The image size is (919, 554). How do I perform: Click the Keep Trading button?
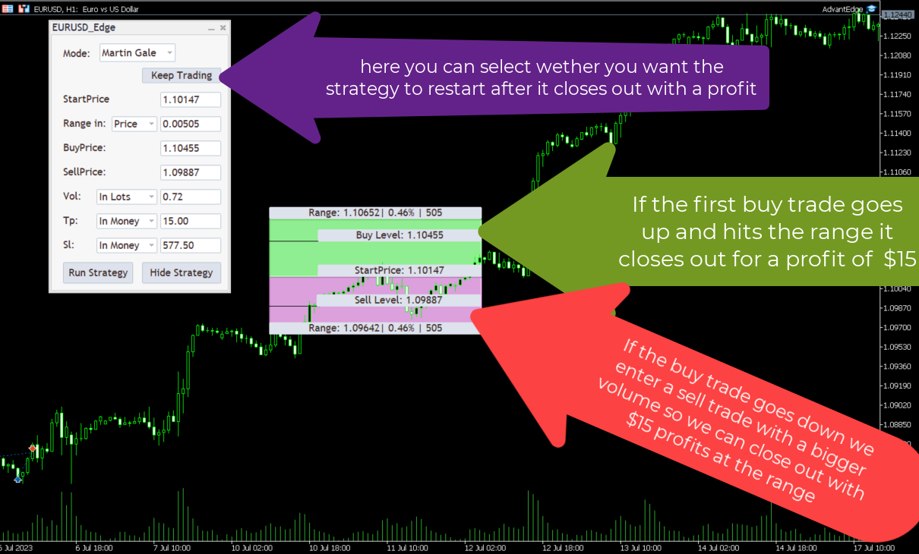(182, 75)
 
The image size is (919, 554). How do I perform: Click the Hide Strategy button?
(182, 272)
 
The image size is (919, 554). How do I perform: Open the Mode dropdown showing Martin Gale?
(137, 53)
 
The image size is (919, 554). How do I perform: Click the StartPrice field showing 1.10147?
(191, 99)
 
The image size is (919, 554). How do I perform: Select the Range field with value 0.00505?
(191, 124)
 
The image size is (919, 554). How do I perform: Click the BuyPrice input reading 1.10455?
(191, 148)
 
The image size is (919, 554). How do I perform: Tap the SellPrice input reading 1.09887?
(191, 172)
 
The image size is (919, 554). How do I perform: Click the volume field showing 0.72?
(191, 197)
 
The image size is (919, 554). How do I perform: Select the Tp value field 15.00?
(191, 221)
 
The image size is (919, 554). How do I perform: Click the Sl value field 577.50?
(191, 245)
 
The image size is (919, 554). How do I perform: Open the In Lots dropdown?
(127, 197)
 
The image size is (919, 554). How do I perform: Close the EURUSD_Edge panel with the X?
(223, 27)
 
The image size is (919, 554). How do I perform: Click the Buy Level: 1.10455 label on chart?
(399, 235)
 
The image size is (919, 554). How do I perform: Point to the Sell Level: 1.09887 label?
(399, 300)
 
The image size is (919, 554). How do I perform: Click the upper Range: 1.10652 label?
(375, 212)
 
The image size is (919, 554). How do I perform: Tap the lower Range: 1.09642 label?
(375, 328)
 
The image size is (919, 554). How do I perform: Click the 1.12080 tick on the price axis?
(897, 55)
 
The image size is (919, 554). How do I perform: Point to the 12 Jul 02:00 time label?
(485, 548)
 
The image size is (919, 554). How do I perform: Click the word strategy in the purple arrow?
(362, 89)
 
